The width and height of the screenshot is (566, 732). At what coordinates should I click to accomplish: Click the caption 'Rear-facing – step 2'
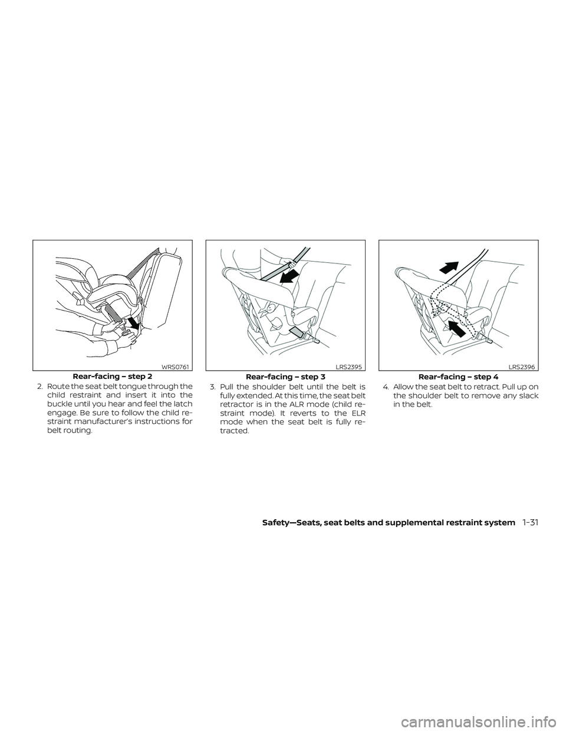click(x=113, y=376)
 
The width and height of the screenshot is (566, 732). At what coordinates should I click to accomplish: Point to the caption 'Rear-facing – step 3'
click(x=285, y=376)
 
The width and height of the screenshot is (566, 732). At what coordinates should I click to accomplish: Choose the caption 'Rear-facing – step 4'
click(x=458, y=376)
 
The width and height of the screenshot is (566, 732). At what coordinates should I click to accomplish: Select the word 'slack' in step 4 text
click(x=526, y=395)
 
